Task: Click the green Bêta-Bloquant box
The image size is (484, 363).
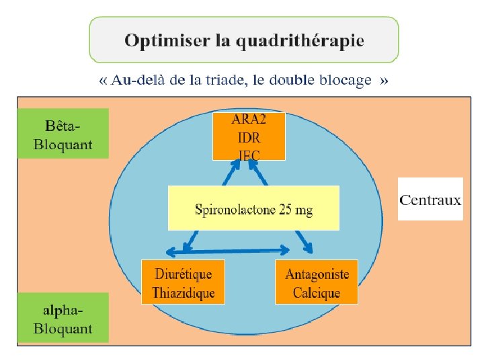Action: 63,134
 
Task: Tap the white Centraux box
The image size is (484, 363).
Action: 430,199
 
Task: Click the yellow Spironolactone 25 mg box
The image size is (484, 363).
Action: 253,208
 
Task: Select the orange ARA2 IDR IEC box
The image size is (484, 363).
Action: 249,136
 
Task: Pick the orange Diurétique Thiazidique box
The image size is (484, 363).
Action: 183,282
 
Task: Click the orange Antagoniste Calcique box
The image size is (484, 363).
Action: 317,282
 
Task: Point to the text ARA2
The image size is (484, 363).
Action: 249,121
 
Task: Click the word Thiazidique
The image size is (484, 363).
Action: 183,292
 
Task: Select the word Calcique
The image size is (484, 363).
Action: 317,292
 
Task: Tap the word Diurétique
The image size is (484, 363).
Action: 183,274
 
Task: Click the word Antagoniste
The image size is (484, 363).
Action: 317,274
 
